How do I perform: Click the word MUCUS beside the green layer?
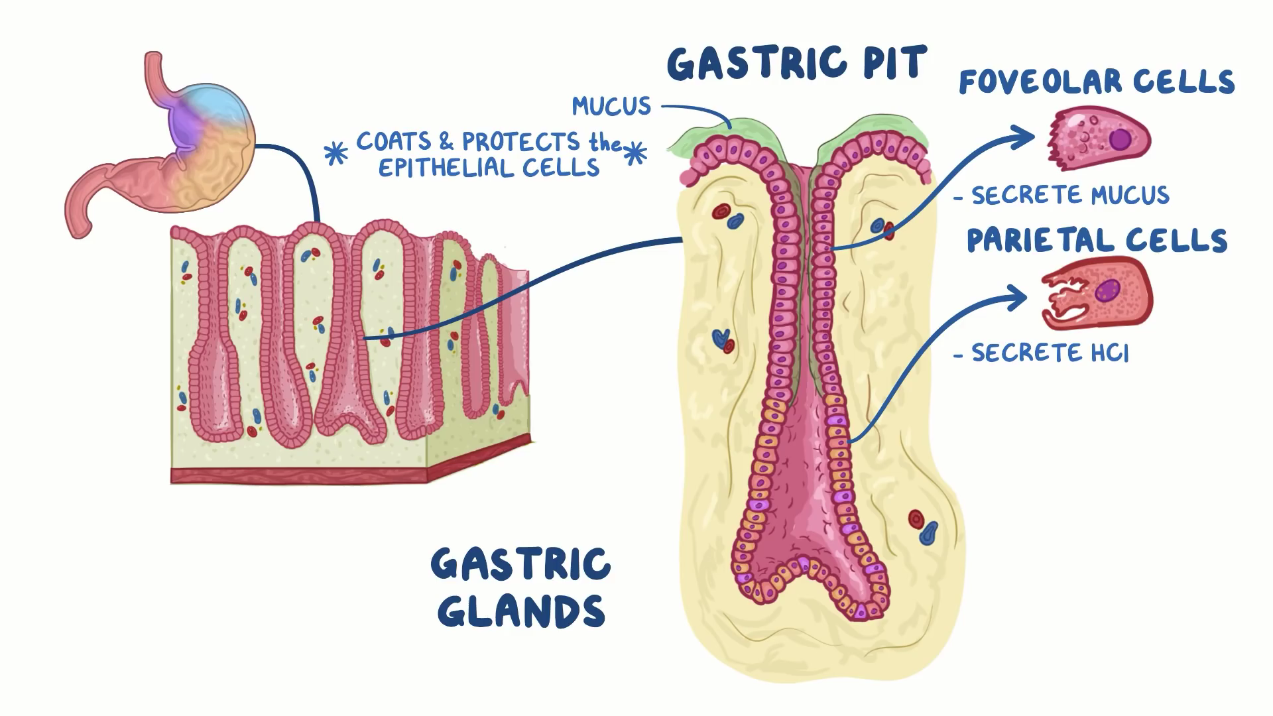611,106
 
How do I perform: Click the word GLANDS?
521,611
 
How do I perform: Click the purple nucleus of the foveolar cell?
1120,139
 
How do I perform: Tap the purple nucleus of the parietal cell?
1107,290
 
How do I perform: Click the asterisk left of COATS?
335,153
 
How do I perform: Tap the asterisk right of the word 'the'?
636,153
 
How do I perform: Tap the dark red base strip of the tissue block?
298,475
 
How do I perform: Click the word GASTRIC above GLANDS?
521,564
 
